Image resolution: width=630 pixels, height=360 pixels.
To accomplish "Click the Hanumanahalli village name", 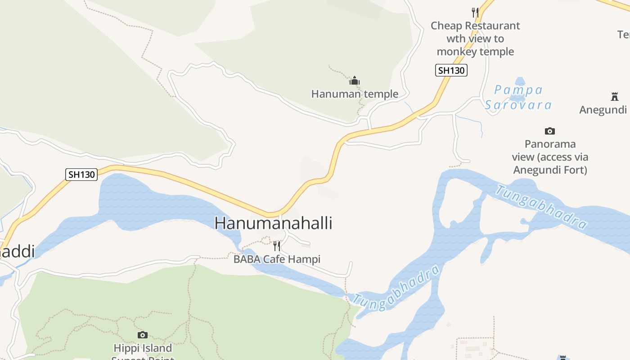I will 273,223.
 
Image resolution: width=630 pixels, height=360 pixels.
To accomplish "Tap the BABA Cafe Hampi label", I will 277,259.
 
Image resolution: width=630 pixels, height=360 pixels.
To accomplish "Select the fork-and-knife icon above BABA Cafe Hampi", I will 277,246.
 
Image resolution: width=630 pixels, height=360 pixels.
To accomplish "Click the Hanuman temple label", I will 355,94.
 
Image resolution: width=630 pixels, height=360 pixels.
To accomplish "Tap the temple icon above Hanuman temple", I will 355,81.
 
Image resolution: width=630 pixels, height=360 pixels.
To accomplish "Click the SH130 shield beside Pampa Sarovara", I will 451,70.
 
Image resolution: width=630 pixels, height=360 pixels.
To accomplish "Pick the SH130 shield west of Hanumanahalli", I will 81,175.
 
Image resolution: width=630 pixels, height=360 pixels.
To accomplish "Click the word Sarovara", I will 518,105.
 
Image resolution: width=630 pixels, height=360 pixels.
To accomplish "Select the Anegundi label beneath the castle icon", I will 603,110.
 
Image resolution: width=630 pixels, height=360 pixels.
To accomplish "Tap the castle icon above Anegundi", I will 615,96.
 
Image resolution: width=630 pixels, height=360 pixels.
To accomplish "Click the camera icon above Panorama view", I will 549,131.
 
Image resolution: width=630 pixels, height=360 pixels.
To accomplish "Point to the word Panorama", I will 550,144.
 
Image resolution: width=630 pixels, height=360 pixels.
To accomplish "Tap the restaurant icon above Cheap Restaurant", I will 475,12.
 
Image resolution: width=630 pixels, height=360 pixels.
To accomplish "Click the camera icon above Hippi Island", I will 143,335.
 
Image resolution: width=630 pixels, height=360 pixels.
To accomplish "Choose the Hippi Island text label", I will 143,348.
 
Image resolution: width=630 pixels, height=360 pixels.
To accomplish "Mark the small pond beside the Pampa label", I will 520,82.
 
